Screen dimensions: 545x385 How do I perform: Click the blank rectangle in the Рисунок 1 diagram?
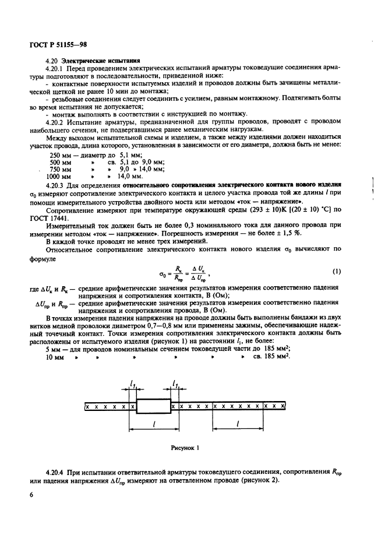tap(153, 406)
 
